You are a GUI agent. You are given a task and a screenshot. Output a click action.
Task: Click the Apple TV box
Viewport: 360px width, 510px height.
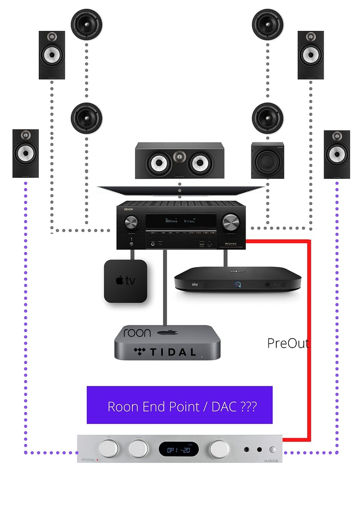click(x=125, y=281)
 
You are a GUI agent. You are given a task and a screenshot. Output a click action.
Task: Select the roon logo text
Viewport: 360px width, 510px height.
click(x=137, y=333)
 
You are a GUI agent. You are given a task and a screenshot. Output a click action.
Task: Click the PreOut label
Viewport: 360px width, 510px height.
click(x=288, y=343)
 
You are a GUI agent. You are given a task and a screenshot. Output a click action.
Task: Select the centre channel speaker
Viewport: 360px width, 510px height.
click(x=179, y=160)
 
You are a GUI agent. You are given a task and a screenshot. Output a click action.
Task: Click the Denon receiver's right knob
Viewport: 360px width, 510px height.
click(x=231, y=222)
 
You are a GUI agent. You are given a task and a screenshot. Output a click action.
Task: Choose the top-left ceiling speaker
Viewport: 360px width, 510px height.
click(x=86, y=24)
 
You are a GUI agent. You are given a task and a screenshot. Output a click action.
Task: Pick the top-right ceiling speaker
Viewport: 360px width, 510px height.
click(x=267, y=24)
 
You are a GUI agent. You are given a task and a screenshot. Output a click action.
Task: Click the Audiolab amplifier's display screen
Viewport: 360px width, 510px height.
click(x=179, y=449)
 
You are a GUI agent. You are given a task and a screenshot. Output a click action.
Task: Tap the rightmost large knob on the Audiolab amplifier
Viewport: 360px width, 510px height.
click(x=219, y=449)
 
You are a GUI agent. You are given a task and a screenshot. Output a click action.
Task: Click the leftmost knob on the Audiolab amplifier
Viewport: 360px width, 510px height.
click(x=109, y=449)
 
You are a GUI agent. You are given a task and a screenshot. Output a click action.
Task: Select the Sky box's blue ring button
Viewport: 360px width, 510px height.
click(x=239, y=285)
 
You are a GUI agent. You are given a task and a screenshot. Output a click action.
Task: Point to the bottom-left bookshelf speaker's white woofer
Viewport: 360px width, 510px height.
click(x=25, y=153)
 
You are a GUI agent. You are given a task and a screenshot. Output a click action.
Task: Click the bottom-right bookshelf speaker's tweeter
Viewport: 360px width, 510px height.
click(x=337, y=136)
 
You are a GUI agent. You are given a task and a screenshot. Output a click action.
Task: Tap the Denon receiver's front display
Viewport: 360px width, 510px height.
click(x=181, y=221)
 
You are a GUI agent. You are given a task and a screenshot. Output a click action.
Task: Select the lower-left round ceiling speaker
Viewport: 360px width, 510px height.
click(x=86, y=119)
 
